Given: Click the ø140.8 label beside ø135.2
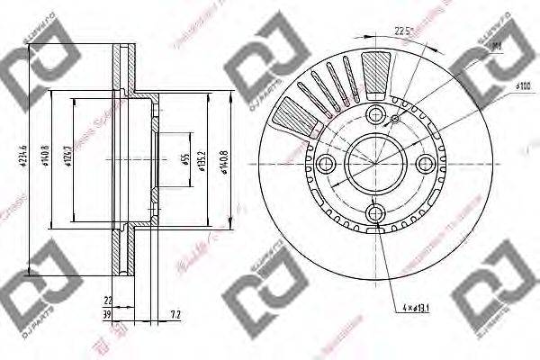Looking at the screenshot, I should (x=226, y=163).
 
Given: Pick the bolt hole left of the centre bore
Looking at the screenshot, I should (x=326, y=163).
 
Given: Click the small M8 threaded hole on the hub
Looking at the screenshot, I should (x=394, y=118).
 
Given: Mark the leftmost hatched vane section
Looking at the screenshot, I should (x=287, y=118).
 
